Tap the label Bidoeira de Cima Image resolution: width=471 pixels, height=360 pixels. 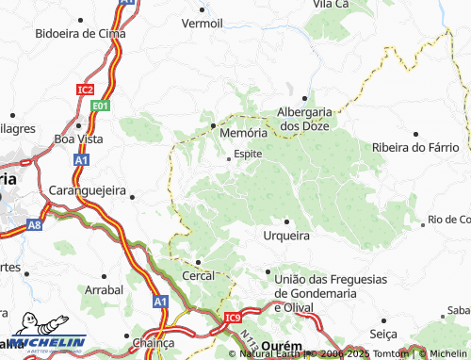coord(80,33)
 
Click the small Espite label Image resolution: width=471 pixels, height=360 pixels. coord(248,154)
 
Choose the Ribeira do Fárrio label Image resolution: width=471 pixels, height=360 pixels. coord(416,148)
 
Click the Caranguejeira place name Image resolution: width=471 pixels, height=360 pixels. coord(88,189)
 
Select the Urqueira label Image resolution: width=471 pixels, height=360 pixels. coord(286,235)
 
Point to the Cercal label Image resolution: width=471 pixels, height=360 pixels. coord(199,275)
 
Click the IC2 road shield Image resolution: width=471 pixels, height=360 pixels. coord(86,90)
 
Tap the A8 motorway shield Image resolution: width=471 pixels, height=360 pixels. coord(34,225)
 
